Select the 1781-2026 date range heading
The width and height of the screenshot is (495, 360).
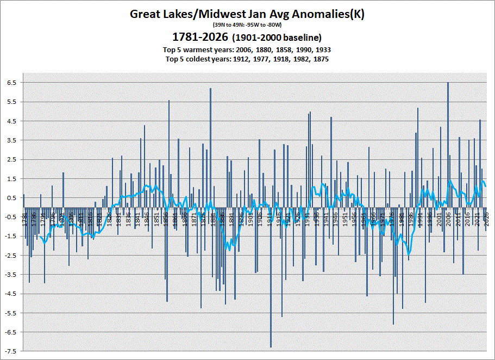[199, 38]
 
